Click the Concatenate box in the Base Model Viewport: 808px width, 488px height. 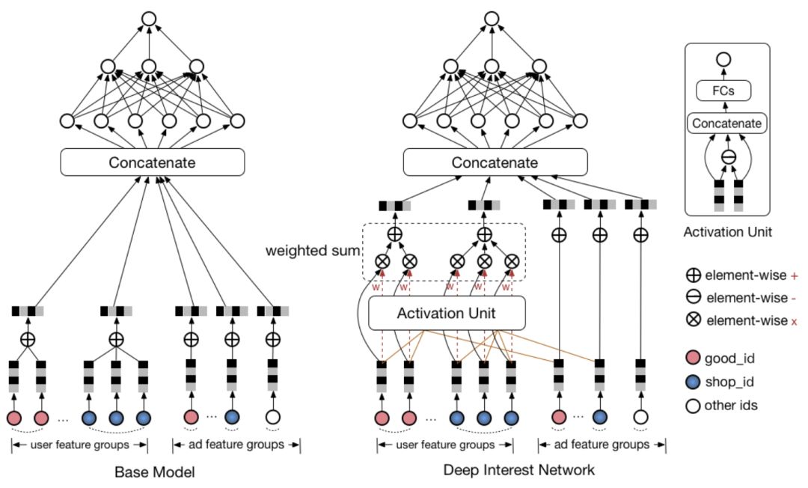click(x=153, y=162)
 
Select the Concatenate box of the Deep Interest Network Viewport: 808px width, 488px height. click(x=495, y=162)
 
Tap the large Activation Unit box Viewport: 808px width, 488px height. click(x=447, y=313)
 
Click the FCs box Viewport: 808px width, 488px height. click(x=723, y=91)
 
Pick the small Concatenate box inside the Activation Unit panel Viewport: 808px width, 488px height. click(x=726, y=123)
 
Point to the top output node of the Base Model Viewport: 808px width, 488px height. click(x=149, y=19)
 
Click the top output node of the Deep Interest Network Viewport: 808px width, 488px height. click(x=492, y=19)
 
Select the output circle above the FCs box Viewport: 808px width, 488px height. click(x=723, y=59)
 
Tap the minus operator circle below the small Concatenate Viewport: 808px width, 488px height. click(x=728, y=157)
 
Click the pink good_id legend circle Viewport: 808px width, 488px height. click(x=693, y=359)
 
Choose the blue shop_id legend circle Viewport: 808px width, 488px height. click(x=693, y=382)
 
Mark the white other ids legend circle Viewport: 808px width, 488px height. click(x=693, y=406)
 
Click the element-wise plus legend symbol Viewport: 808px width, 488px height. click(x=693, y=275)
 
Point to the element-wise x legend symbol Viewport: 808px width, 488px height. click(x=694, y=320)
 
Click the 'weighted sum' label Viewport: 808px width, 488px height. click(x=313, y=251)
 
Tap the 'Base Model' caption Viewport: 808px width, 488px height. click(x=155, y=472)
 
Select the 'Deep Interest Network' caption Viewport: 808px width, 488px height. click(x=519, y=470)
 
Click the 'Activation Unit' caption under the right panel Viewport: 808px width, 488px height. click(x=728, y=232)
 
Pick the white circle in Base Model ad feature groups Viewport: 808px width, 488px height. click(x=272, y=417)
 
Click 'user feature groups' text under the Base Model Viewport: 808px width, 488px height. click(x=80, y=444)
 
